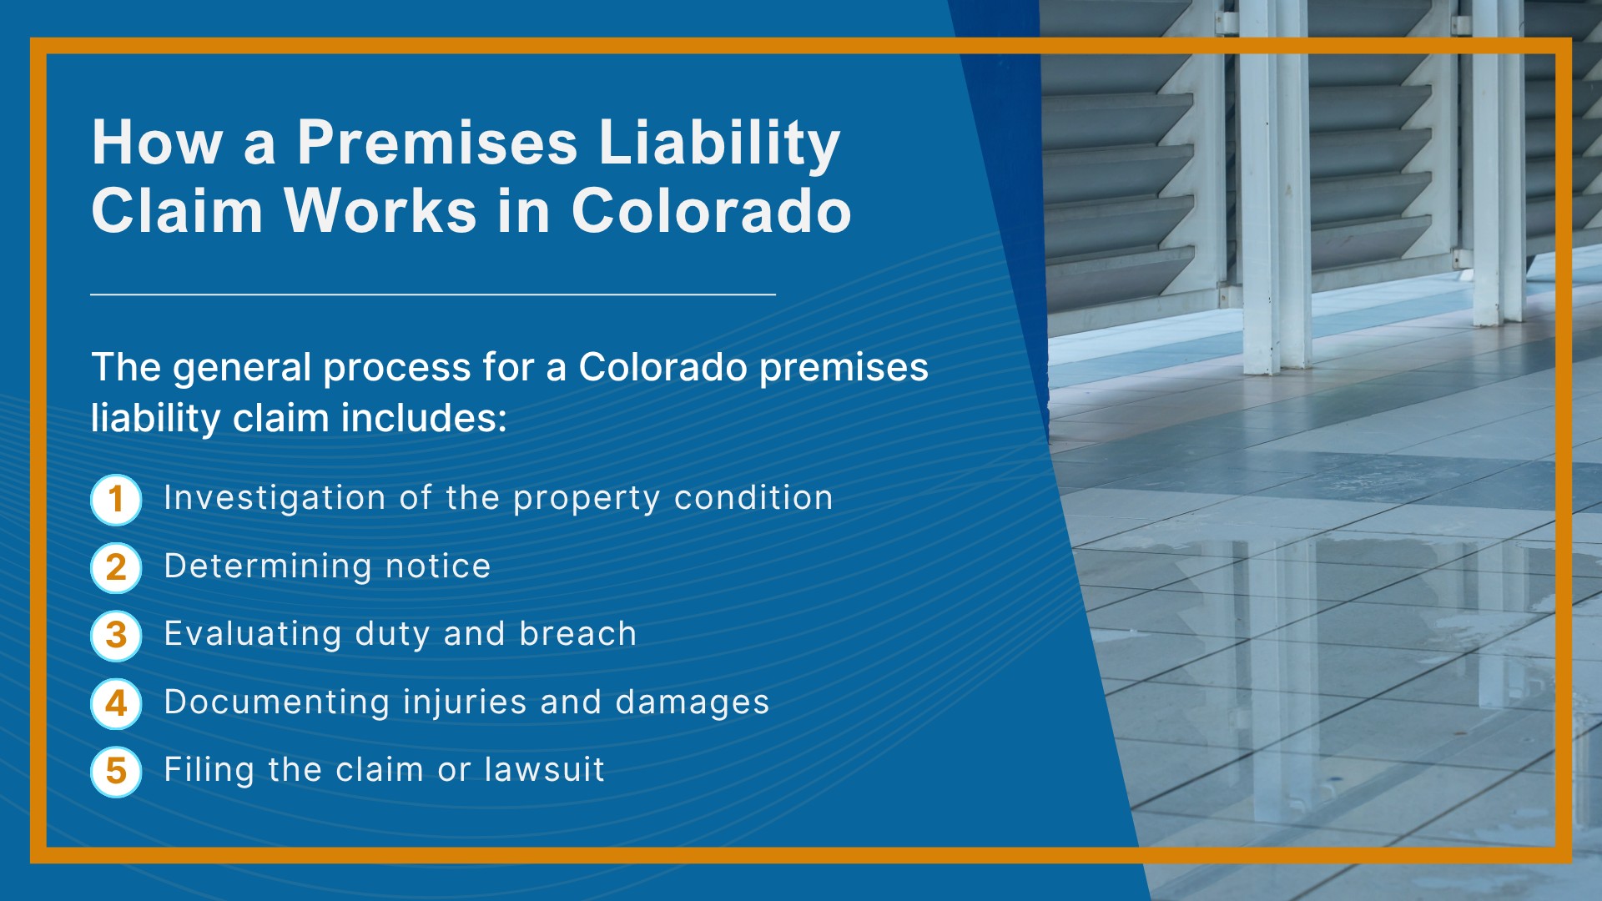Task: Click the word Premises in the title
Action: tap(437, 143)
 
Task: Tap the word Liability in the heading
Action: tap(719, 143)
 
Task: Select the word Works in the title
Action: tap(380, 210)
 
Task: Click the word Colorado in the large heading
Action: tap(711, 210)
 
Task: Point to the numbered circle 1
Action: tap(116, 500)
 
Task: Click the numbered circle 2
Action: tap(116, 568)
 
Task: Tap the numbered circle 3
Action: tap(116, 636)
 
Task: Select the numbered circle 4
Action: tap(116, 704)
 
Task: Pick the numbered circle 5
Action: tap(116, 772)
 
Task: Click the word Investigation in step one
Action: tap(275, 498)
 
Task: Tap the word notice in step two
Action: tap(438, 566)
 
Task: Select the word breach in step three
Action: tap(577, 634)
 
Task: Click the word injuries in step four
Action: tap(465, 702)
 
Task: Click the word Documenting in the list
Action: tap(276, 702)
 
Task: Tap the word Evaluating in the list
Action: tap(253, 634)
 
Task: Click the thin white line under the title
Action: tap(433, 294)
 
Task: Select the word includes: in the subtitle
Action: tap(424, 418)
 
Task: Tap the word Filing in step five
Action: tap(209, 770)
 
